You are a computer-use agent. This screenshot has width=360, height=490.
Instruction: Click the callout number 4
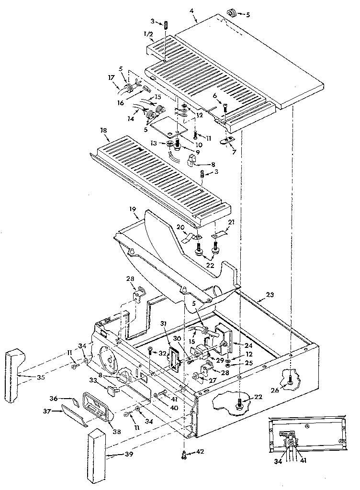click(191, 11)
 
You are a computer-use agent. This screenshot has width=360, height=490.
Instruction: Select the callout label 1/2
click(148, 34)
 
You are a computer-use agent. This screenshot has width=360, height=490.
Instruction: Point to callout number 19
click(133, 208)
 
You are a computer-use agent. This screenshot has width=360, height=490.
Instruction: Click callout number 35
click(40, 377)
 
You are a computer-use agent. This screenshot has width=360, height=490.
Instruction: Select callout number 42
click(200, 452)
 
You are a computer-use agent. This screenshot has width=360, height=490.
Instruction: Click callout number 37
click(47, 412)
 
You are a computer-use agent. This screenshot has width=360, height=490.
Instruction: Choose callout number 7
click(235, 152)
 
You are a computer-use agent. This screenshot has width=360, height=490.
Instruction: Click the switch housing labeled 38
click(98, 406)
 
